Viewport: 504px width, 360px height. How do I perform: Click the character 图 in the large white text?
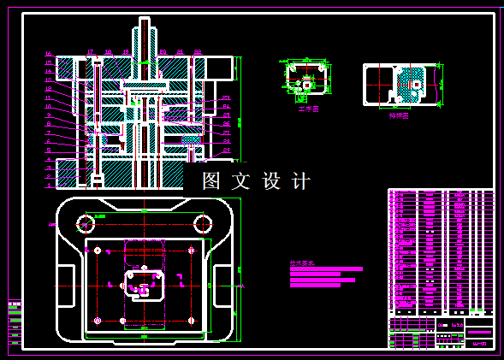211,181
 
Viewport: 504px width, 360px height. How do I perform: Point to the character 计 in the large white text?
301,181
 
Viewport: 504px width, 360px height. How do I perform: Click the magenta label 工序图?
308,109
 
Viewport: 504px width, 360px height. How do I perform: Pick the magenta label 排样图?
399,115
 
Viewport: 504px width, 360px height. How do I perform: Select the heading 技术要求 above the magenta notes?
302,263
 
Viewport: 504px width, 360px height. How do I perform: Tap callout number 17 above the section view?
91,53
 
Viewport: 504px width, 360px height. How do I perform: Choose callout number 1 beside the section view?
49,183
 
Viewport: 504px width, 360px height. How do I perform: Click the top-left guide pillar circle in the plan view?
86,225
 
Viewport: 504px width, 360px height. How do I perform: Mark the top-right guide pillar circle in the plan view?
203,224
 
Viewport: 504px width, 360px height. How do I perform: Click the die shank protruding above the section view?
144,38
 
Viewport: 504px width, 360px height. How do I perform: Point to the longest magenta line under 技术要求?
326,269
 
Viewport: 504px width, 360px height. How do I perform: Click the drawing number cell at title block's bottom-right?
480,344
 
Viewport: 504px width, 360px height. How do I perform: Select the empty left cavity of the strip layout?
377,86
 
